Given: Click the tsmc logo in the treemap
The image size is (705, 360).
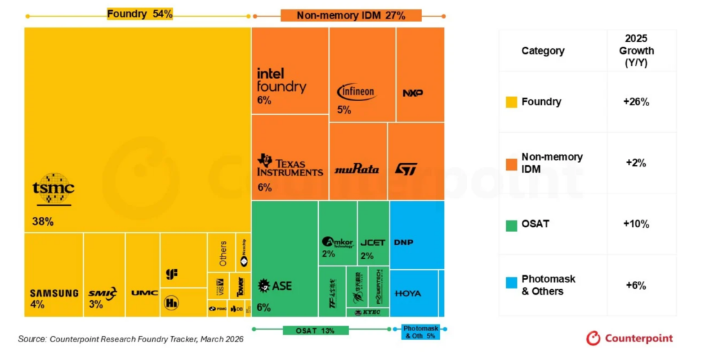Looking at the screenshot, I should pyautogui.click(x=54, y=189).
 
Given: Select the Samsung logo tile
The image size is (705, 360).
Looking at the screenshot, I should pyautogui.click(x=54, y=293).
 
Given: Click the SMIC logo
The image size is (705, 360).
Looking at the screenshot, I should pyautogui.click(x=103, y=293).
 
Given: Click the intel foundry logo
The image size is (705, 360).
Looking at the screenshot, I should pyautogui.click(x=281, y=80).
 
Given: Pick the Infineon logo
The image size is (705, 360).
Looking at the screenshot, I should pyautogui.click(x=356, y=92).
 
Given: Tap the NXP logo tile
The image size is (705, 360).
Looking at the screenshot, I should pyautogui.click(x=412, y=93).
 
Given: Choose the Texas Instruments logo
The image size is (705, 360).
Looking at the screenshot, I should pyautogui.click(x=290, y=165).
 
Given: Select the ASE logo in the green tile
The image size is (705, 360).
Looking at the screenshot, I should pyautogui.click(x=275, y=286).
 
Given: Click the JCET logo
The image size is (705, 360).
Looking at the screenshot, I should pyautogui.click(x=372, y=243).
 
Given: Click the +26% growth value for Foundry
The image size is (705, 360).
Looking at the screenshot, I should pyautogui.click(x=635, y=102).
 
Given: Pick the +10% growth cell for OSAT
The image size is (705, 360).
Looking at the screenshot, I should pyautogui.click(x=635, y=224).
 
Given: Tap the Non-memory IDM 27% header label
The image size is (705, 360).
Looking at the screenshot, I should pyautogui.click(x=350, y=15).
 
